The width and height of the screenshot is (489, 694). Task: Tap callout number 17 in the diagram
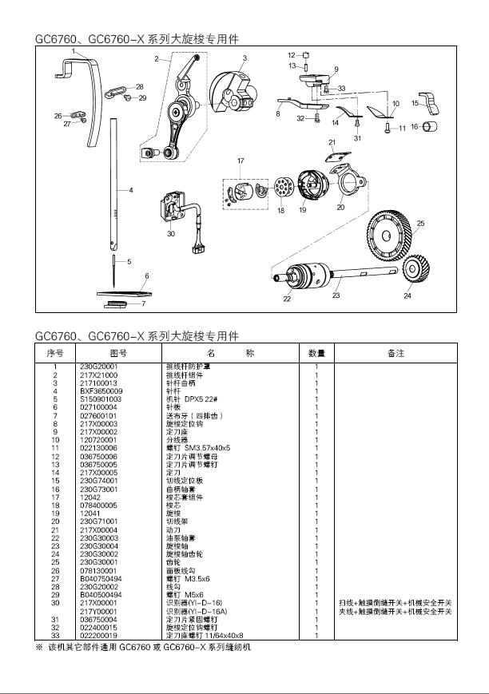pyautogui.click(x=240, y=162)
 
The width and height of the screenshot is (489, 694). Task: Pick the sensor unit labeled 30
pyautogui.click(x=171, y=210)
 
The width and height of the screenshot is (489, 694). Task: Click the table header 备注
pyautogui.click(x=395, y=352)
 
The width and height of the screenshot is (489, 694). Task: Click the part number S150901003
pyautogui.click(x=100, y=399)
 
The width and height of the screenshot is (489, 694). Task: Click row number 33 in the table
pyautogui.click(x=56, y=635)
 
